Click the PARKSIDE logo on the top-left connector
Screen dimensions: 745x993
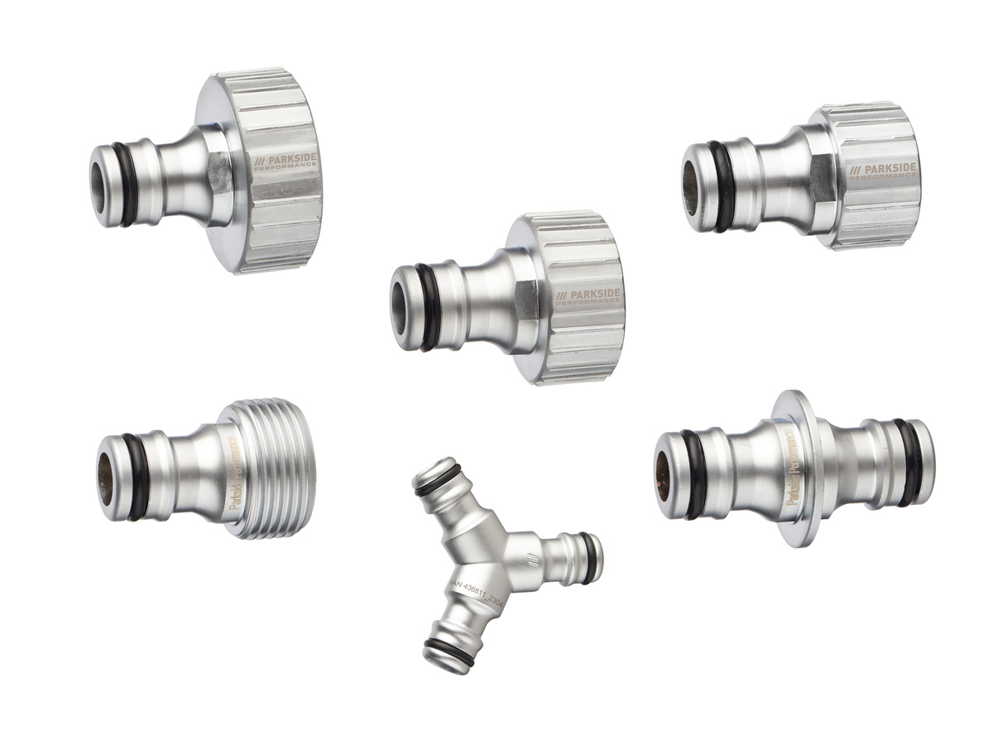coord(285,158)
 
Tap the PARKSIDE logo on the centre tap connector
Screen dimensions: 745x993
coord(589,296)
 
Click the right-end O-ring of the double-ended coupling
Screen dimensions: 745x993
coord(911,462)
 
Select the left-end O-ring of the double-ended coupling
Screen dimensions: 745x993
coord(692,473)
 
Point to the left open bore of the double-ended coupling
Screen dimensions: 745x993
coord(664,476)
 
